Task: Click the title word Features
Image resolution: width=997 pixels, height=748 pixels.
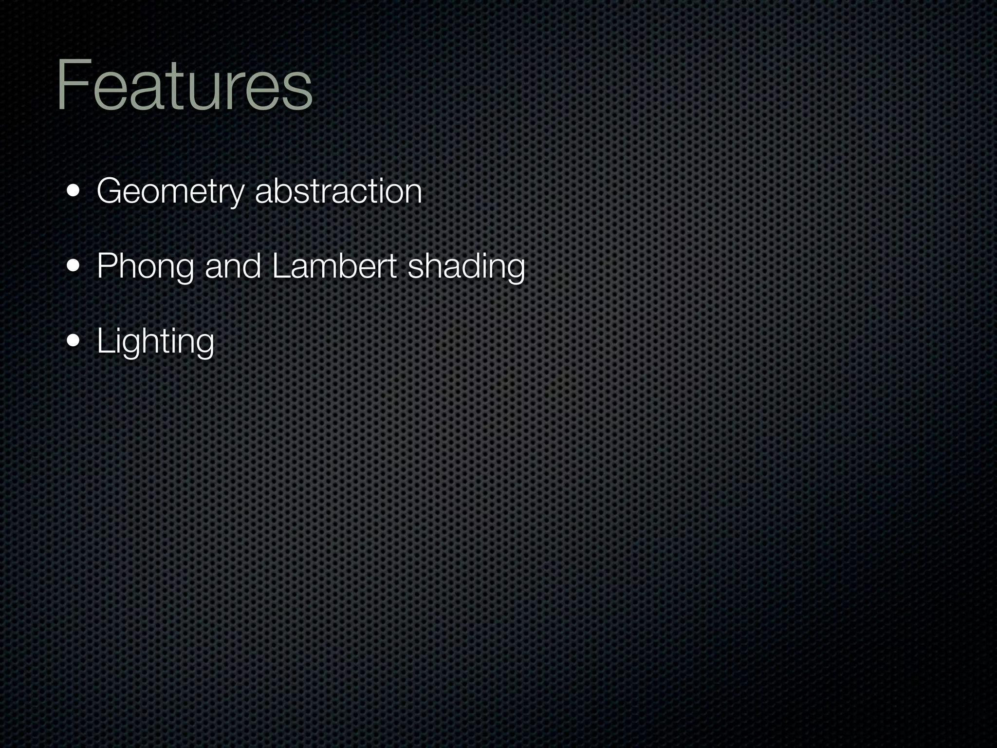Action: [x=184, y=86]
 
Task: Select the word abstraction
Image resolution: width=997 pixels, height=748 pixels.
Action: [x=338, y=191]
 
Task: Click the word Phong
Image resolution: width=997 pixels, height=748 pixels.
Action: [x=145, y=267]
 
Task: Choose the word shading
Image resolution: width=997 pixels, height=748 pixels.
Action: [x=466, y=267]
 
